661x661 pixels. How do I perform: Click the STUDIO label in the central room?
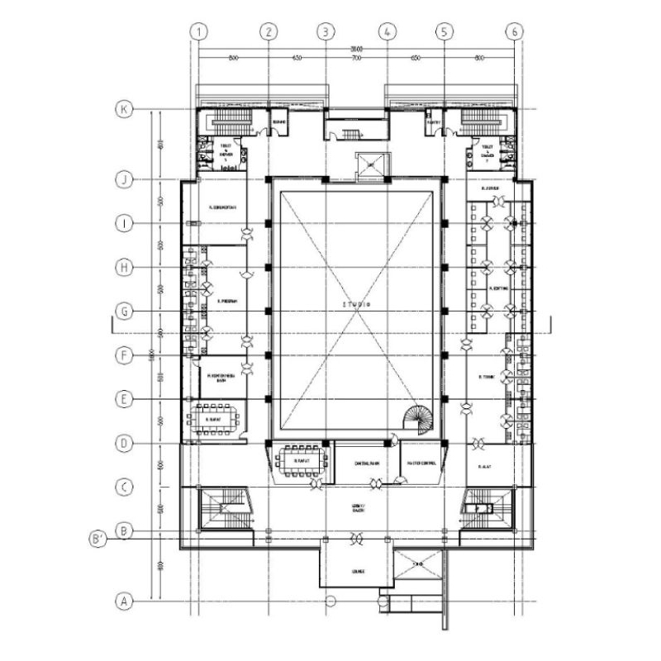pos(356,305)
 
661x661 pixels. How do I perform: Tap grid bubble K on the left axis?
pos(124,110)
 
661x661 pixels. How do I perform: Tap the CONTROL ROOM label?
pos(366,464)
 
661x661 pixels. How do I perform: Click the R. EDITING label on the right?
pos(498,288)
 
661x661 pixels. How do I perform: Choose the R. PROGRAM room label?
pos(227,302)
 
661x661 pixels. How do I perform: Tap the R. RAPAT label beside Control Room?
pos(300,449)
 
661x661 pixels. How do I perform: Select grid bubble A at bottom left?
pos(124,601)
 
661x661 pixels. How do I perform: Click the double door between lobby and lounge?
pos(357,540)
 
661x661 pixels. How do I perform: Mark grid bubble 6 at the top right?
pos(516,31)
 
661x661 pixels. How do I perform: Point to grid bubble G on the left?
pos(124,311)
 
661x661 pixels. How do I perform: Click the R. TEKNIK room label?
pos(485,378)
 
